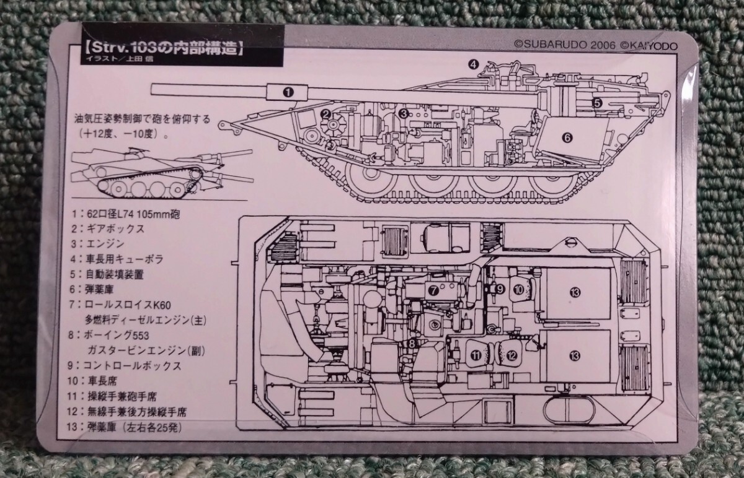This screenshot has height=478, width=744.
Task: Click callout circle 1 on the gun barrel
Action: click(287, 92)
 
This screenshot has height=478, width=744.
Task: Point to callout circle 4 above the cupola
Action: click(473, 63)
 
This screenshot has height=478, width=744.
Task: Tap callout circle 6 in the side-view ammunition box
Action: click(566, 137)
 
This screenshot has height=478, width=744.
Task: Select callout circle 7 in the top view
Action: click(434, 289)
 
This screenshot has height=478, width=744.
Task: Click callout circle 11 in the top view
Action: click(476, 355)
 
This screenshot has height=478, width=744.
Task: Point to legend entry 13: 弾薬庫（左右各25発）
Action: click(127, 427)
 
